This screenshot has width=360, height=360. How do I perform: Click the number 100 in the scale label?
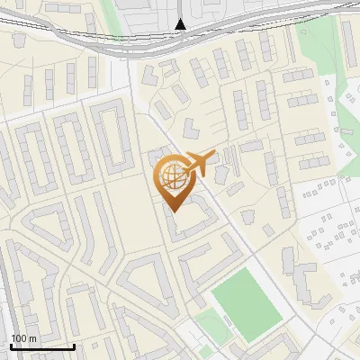tap(19, 338)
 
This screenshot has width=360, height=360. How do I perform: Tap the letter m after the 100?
tap(31, 338)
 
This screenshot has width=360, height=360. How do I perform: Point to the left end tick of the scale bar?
tap(11, 345)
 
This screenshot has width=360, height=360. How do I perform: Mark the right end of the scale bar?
tap(75, 345)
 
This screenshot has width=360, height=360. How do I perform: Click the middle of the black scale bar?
tap(42, 346)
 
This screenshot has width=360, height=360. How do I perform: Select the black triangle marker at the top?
tap(181, 24)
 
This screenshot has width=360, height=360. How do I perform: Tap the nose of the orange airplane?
tap(213, 155)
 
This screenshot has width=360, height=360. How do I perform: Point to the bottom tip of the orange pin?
tap(172, 211)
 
